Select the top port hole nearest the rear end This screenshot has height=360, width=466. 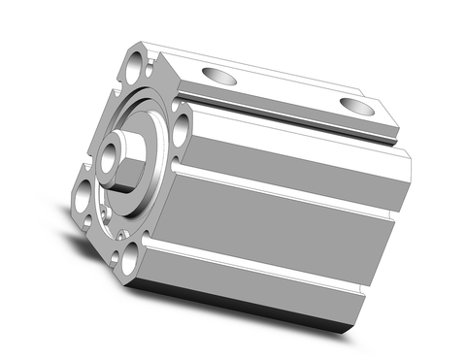coord(355,105)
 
